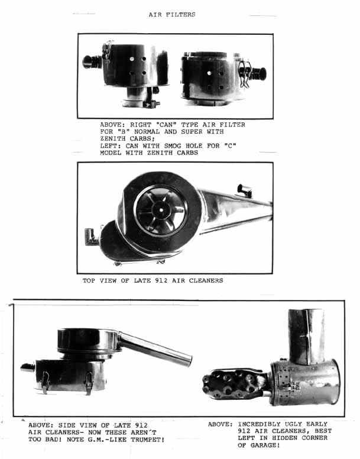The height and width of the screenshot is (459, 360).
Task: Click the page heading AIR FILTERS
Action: tap(171, 14)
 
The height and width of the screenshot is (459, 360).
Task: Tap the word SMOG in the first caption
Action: tap(173, 146)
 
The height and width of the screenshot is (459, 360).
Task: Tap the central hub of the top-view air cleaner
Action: tap(161, 210)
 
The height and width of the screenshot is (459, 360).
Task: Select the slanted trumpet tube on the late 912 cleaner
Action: tap(155, 348)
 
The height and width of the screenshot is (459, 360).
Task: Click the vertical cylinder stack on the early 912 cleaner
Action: tap(306, 337)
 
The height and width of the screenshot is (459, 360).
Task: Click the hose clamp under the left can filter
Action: tap(151, 104)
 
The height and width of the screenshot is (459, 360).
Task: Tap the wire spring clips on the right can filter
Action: tap(245, 74)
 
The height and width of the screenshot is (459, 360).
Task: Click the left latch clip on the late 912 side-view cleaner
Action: tap(46, 382)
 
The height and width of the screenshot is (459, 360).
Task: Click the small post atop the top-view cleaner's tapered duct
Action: tap(245, 190)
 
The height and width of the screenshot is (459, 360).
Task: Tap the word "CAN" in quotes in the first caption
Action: tap(166, 124)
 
